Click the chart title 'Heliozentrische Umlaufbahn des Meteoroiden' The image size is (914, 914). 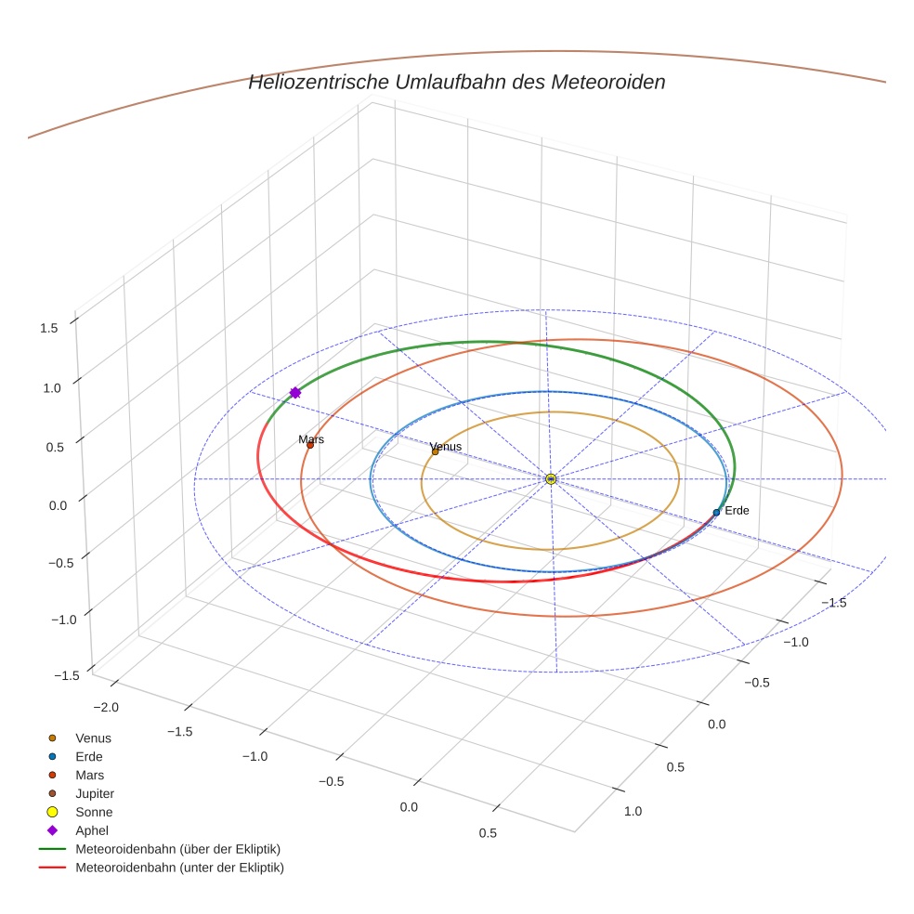tap(456, 82)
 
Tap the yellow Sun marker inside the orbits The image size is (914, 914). tap(551, 478)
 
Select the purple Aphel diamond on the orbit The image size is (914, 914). tap(295, 393)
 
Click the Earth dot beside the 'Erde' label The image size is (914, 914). tap(716, 512)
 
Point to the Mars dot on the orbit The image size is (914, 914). tap(310, 445)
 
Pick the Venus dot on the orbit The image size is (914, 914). tap(435, 452)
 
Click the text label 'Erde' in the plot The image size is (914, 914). tap(737, 511)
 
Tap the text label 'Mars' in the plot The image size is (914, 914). tap(311, 438)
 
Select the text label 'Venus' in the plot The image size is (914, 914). tap(446, 447)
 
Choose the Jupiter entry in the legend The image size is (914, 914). tap(94, 793)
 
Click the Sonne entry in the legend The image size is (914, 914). tap(94, 812)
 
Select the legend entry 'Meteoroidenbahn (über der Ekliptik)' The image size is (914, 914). tap(177, 849)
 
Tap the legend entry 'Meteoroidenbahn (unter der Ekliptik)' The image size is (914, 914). tap(179, 868)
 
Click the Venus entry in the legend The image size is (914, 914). tap(93, 738)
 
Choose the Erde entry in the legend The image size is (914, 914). tap(89, 756)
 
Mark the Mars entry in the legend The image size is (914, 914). tap(89, 775)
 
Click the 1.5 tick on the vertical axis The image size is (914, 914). tap(49, 328)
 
